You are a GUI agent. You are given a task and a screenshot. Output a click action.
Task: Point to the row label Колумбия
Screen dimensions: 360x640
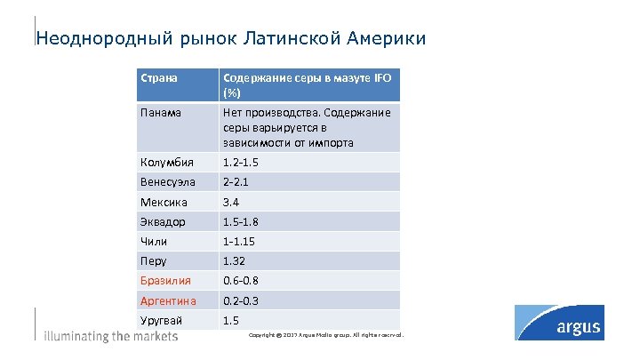coord(164,163)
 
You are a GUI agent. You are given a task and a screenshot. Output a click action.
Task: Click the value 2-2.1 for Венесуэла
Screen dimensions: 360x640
coord(237,182)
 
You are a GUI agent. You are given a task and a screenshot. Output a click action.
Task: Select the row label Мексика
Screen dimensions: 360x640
coord(164,202)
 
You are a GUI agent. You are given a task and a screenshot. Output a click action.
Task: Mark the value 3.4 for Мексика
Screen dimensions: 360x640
coord(231,202)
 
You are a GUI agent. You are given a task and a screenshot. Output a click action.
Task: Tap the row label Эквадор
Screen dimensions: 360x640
coord(163,221)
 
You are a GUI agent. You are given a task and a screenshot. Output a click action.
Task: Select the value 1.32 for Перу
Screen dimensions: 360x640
coord(235,260)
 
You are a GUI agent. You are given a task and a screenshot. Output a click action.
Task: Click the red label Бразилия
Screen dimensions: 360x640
coord(166,280)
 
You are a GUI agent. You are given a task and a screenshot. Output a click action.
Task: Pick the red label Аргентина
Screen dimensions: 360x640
coord(170,300)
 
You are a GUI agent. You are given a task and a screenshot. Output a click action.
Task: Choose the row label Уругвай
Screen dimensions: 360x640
coord(162,320)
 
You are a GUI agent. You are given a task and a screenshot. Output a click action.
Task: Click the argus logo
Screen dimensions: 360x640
coord(572,324)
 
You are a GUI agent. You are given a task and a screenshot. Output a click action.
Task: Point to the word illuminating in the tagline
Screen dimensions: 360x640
coord(76,336)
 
